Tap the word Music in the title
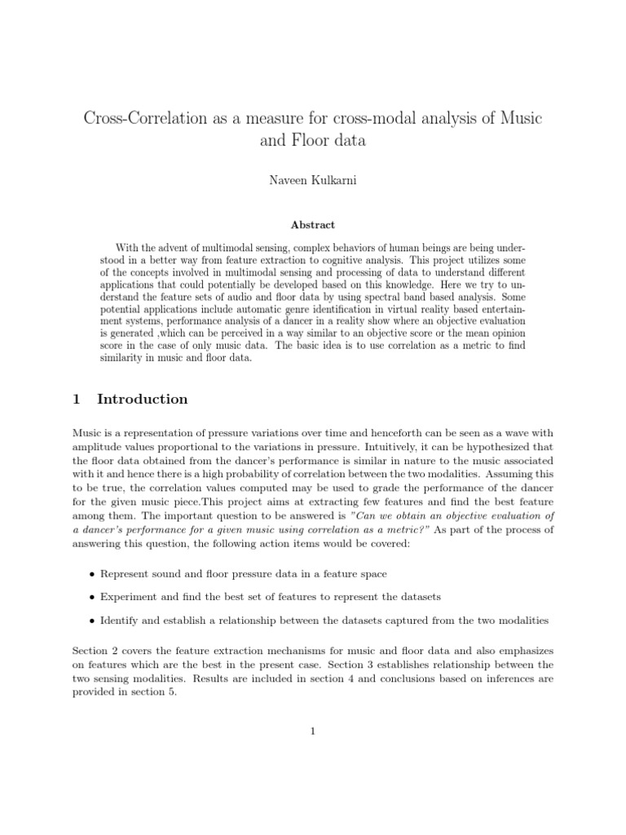coord(519,117)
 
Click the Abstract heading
coord(313,224)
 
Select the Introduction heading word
coord(143,399)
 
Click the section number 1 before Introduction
coord(76,399)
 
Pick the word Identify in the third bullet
coord(120,621)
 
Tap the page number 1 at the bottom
coord(312,731)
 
